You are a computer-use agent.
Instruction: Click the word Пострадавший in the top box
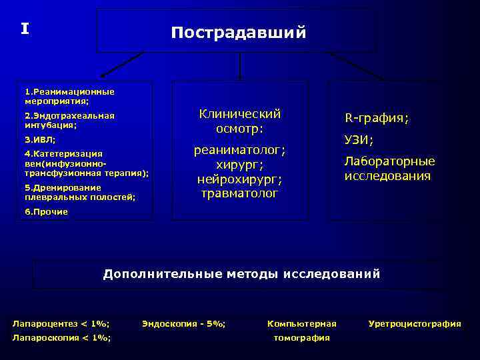(x=239, y=33)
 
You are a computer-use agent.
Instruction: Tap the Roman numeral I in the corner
(x=25, y=29)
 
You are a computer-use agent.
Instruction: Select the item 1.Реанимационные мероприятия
(x=69, y=97)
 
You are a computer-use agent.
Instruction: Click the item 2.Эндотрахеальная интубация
(x=69, y=120)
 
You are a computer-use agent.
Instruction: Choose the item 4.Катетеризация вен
(x=86, y=163)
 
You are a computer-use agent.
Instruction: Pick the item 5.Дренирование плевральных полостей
(x=79, y=192)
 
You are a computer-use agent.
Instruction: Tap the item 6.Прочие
(x=46, y=211)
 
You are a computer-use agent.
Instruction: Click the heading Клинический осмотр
(x=240, y=121)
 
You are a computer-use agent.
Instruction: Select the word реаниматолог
(x=240, y=150)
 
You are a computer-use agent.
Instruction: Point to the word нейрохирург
(x=240, y=179)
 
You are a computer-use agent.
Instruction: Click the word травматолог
(x=240, y=194)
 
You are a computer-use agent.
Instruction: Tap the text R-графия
(x=377, y=119)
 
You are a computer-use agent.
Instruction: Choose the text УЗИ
(x=359, y=140)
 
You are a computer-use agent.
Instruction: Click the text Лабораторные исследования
(x=389, y=169)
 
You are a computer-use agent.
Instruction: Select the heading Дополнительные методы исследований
(x=241, y=274)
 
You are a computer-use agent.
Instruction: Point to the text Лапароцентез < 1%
(x=61, y=324)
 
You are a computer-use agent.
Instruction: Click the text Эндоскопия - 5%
(x=184, y=324)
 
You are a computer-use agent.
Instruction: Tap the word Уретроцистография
(x=415, y=324)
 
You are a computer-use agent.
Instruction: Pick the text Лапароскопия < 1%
(x=62, y=338)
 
